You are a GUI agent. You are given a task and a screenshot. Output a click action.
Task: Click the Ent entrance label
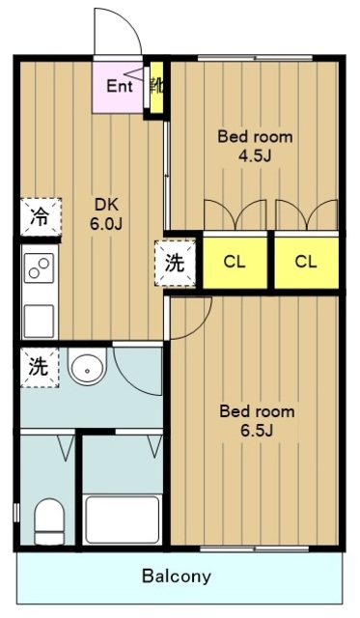coord(120,86)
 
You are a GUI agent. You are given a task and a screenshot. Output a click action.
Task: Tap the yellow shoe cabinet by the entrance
coord(156,88)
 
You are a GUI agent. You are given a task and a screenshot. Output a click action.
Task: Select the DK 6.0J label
coord(106,214)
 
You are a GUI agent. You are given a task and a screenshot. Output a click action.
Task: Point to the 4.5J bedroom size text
coord(255,156)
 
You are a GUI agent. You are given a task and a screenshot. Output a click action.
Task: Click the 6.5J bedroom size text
coord(257,431)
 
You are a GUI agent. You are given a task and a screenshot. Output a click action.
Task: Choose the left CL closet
coord(235,262)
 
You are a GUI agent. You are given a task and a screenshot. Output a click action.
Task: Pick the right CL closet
coord(306,262)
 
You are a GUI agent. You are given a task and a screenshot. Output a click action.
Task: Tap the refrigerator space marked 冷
coord(41,216)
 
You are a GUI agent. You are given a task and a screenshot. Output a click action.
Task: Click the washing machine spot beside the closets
coord(175,263)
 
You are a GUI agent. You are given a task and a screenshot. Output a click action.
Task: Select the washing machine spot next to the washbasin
coord(40,367)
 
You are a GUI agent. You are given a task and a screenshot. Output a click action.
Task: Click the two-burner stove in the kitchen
coord(39,268)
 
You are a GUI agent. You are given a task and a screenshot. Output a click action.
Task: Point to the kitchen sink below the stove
coord(39,321)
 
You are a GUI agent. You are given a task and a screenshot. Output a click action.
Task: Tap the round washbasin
coord(87,367)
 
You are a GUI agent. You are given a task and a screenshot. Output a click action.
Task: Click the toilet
coord(49,521)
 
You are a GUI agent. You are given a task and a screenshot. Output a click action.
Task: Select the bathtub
coord(123,520)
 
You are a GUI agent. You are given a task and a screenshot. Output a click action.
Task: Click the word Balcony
coord(176,576)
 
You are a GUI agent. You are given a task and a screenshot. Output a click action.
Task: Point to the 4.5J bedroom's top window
coord(255,58)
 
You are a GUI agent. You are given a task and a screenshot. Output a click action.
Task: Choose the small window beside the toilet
coord(16,513)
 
